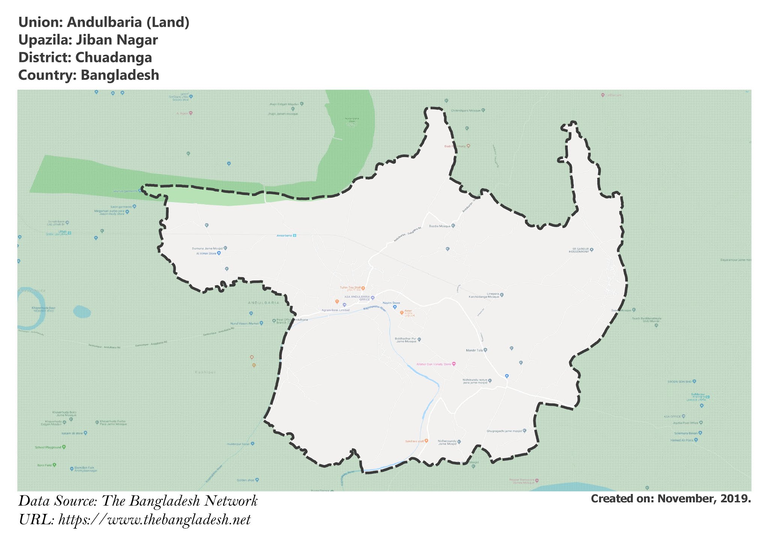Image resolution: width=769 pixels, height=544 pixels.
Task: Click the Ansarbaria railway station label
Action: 284,236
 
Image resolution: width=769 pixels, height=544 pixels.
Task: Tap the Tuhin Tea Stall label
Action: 350,288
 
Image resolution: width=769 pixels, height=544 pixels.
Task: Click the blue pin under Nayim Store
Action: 395,307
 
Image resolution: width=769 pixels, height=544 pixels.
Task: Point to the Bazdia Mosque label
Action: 439,226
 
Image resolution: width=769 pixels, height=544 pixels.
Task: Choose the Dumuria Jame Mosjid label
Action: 207,248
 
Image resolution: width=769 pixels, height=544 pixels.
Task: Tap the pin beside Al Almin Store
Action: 219,253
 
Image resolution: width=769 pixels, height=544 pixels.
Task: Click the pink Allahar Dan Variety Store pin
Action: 454,364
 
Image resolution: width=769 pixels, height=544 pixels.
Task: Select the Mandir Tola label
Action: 474,350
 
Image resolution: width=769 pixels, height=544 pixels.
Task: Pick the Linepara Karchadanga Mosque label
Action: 484,295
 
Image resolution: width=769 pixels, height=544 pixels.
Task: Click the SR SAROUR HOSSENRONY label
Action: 579,250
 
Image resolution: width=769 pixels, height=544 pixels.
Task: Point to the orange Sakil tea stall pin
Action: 426,441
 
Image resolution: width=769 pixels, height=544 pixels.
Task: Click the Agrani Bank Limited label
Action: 335,310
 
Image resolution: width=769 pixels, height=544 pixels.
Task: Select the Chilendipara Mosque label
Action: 466,110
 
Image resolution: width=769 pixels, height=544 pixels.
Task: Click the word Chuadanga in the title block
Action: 113,57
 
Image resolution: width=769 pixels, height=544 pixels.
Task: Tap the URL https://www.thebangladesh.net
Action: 154,520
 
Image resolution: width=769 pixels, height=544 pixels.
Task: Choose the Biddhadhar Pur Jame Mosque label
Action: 406,340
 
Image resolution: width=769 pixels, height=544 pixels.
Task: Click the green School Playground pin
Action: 64,447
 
